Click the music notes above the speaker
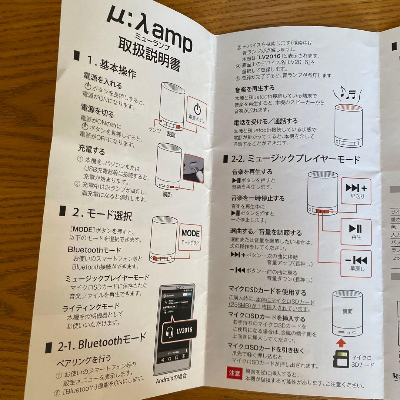(347, 92)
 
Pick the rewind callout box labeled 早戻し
(356, 263)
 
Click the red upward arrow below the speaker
(341, 340)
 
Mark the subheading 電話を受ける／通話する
(266, 121)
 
